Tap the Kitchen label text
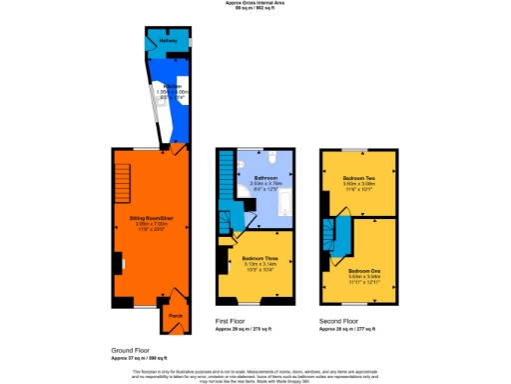coord(173,87)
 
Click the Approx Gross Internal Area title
coord(255,4)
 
